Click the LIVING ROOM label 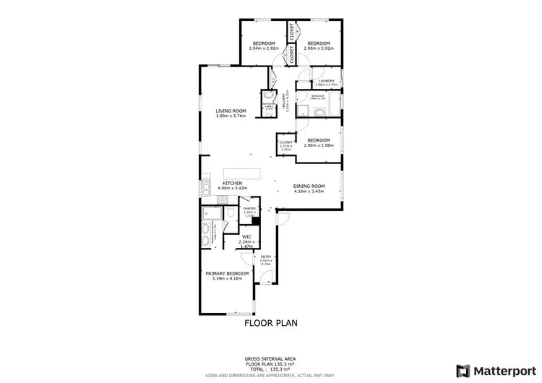tap(231, 111)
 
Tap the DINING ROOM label tap(309, 186)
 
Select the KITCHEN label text tap(232, 183)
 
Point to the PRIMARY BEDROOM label tap(227, 273)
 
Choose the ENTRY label tap(267, 257)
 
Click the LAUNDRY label tap(326, 81)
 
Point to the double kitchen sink tap(206, 190)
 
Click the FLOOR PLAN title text tap(270, 323)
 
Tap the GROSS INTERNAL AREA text tap(270, 358)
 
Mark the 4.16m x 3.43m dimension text tap(309, 191)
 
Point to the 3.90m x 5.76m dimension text tap(231, 116)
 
